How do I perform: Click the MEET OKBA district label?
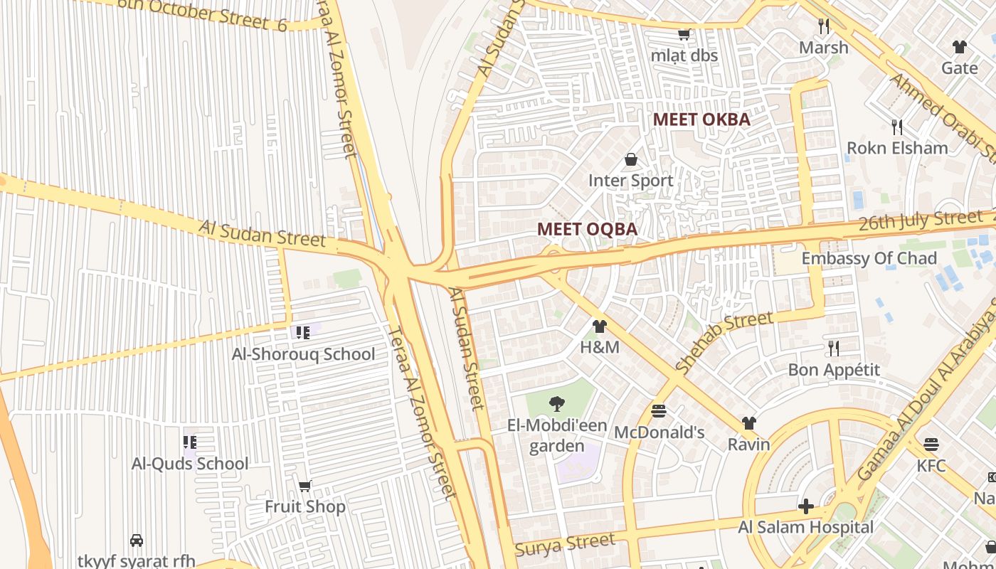(x=701, y=119)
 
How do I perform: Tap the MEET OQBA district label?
(x=587, y=229)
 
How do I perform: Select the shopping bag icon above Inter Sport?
(x=630, y=159)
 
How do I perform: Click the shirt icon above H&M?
(x=600, y=326)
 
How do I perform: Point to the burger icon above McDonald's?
(x=659, y=411)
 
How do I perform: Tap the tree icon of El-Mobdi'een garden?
(x=557, y=404)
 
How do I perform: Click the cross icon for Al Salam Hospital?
(x=805, y=506)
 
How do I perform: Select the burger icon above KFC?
(x=931, y=445)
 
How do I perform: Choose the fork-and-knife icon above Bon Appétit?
(x=834, y=349)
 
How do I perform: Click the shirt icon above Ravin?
(x=748, y=423)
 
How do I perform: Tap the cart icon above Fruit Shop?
(x=305, y=486)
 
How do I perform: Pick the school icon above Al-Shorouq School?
(x=303, y=332)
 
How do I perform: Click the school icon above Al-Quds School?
(x=190, y=442)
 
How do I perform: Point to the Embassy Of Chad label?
(x=869, y=258)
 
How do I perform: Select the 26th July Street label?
(x=920, y=220)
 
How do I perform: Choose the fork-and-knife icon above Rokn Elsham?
(x=897, y=127)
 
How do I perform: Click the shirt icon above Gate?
(x=960, y=47)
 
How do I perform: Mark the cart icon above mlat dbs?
(x=684, y=34)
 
